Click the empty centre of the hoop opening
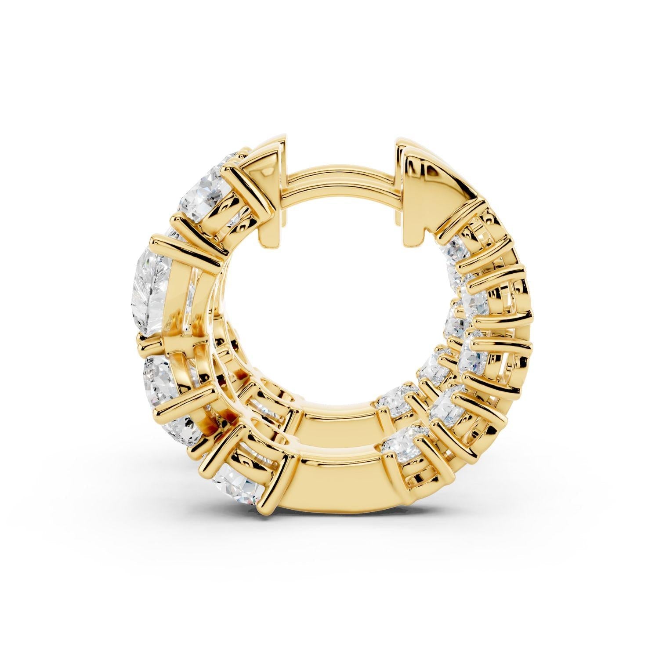[x=334, y=308]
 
